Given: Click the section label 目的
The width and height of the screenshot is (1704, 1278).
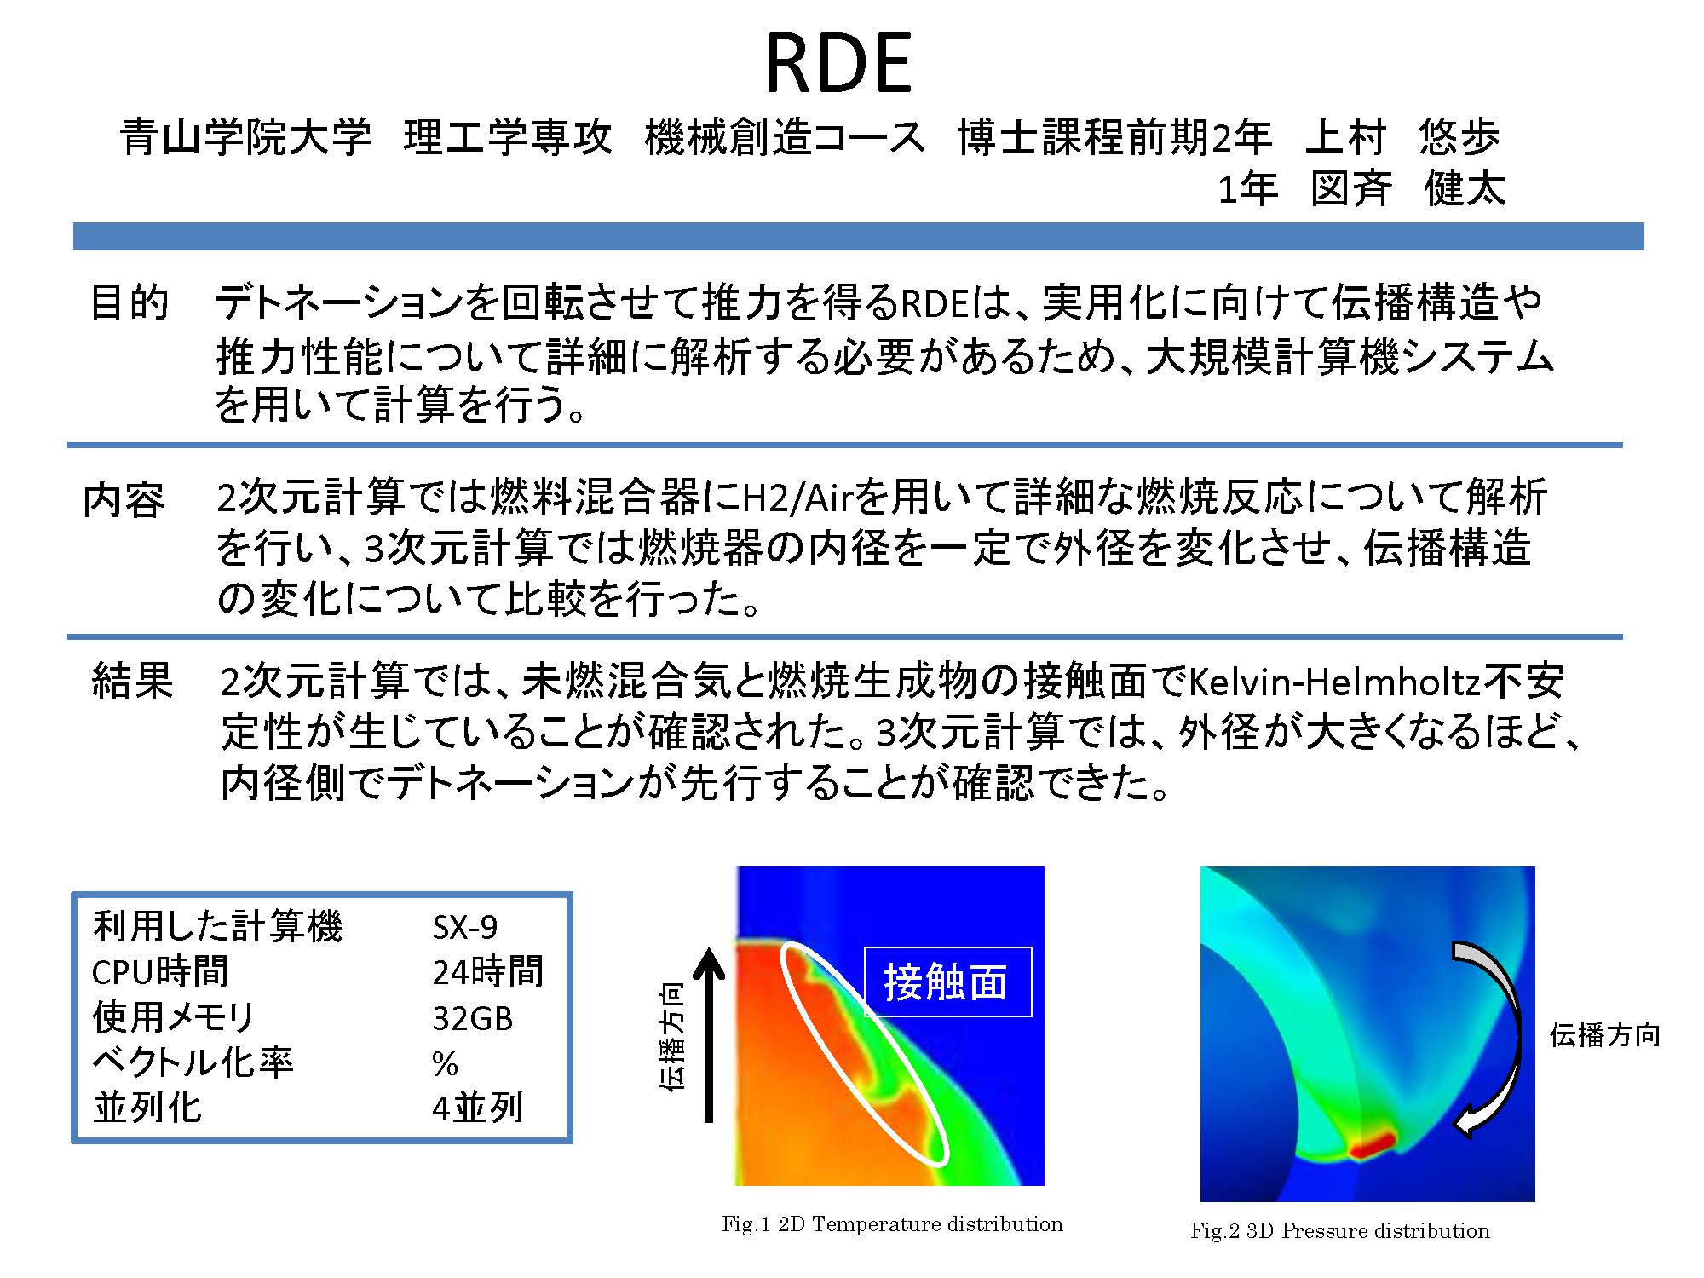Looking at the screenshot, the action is [x=130, y=302].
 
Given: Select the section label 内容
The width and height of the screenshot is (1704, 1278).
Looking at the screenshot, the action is [x=124, y=500].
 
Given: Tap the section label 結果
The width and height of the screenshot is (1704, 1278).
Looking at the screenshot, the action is [x=132, y=682].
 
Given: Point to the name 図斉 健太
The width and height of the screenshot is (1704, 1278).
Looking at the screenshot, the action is [x=1408, y=188].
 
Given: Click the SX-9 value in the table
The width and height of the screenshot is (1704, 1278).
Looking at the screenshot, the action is [x=465, y=927].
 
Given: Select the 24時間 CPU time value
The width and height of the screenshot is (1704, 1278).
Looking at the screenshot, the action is [x=487, y=971].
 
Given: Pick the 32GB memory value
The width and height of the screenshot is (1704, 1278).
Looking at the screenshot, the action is [x=473, y=1018].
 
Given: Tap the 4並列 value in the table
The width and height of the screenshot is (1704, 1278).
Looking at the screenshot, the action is [x=477, y=1108].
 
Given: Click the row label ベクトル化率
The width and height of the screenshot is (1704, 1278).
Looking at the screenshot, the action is [x=193, y=1062].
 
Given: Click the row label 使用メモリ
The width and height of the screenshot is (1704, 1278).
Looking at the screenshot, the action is [x=174, y=1017].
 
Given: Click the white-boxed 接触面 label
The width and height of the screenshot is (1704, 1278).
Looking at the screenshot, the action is [x=947, y=982].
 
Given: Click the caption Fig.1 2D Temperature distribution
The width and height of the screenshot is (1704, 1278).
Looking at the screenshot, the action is [x=892, y=1224].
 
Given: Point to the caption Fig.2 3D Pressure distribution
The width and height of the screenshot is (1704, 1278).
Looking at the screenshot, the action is [x=1340, y=1231].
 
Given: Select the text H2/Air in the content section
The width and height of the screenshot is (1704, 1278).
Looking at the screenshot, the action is [x=798, y=498].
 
